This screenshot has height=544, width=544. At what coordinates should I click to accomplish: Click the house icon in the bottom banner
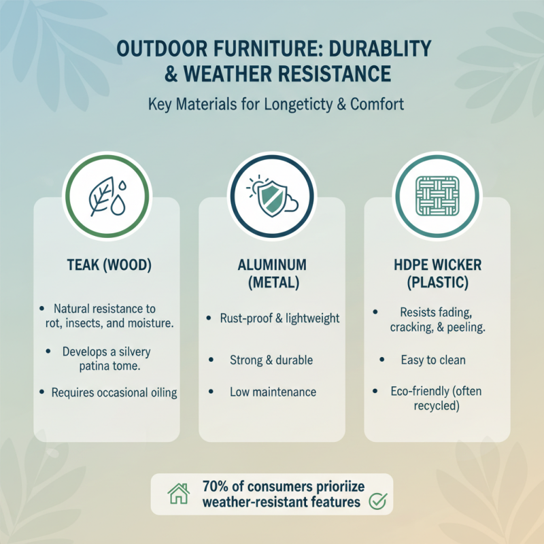point(177,494)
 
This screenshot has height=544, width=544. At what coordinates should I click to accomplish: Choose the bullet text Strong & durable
point(272,358)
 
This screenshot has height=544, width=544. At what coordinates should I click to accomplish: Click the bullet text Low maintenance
point(273,392)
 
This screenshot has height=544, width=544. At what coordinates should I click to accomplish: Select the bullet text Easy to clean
point(432,358)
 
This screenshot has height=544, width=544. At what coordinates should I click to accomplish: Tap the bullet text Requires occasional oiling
point(114,392)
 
